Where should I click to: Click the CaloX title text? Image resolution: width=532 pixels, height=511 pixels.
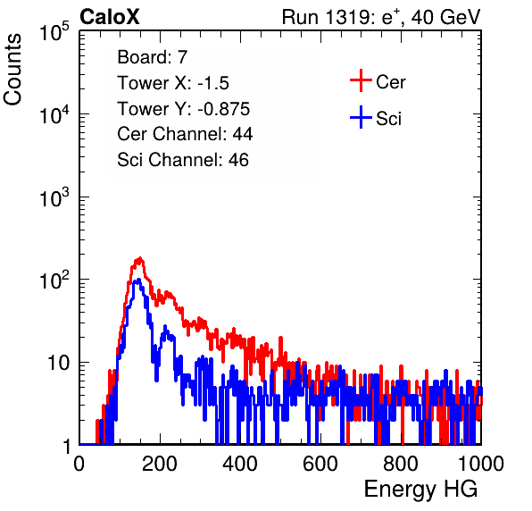pyautogui.click(x=109, y=17)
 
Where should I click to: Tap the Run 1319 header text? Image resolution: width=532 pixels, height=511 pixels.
pyautogui.click(x=381, y=17)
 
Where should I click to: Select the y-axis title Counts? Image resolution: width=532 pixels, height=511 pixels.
pyautogui.click(x=12, y=69)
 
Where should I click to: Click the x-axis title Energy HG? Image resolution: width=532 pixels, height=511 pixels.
pyautogui.click(x=420, y=490)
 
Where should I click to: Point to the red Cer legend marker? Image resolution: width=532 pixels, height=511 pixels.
pyautogui.click(x=361, y=80)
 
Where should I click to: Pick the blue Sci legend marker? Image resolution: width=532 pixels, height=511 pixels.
pyautogui.click(x=361, y=118)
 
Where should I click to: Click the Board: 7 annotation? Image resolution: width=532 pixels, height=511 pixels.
pyautogui.click(x=152, y=57)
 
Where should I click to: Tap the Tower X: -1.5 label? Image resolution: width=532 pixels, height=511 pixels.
pyautogui.click(x=173, y=83)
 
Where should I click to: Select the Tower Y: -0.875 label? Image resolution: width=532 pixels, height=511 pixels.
pyautogui.click(x=184, y=109)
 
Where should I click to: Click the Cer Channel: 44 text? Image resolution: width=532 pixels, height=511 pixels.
pyautogui.click(x=185, y=134)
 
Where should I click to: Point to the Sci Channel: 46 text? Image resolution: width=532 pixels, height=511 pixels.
pyautogui.click(x=183, y=160)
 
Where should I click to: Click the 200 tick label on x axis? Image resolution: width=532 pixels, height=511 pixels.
pyautogui.click(x=160, y=464)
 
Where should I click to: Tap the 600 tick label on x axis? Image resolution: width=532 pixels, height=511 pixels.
pyautogui.click(x=320, y=464)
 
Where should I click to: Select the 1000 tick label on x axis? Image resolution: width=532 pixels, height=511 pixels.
pyautogui.click(x=481, y=464)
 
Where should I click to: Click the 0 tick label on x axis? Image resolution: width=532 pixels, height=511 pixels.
pyautogui.click(x=79, y=464)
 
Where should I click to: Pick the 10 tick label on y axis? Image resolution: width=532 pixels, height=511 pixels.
pyautogui.click(x=59, y=363)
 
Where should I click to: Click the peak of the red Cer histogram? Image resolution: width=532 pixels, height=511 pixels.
pyautogui.click(x=139, y=259)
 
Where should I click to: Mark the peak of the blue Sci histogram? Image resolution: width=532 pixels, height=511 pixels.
pyautogui.click(x=138, y=281)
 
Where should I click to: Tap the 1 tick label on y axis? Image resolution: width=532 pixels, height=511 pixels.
pyautogui.click(x=66, y=446)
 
